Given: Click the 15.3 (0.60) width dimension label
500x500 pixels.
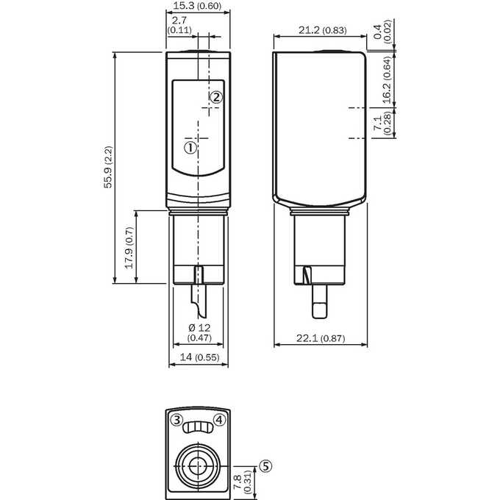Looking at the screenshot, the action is pyautogui.click(x=197, y=6).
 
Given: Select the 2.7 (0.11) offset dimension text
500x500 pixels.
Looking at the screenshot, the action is pyautogui.click(x=179, y=25).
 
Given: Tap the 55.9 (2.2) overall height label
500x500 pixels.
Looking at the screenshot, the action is pyautogui.click(x=108, y=167).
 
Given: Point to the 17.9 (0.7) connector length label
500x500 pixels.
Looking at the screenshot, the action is pyautogui.click(x=129, y=248).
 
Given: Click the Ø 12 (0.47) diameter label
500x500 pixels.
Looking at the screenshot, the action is pyautogui.click(x=199, y=332).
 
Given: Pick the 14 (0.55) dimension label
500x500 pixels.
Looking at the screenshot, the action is pyautogui.click(x=199, y=357).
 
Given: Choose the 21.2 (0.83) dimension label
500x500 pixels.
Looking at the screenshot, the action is pyautogui.click(x=322, y=30).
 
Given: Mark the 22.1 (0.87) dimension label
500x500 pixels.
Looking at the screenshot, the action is pyautogui.click(x=321, y=338).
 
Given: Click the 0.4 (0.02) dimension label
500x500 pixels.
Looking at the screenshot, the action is pyautogui.click(x=382, y=32).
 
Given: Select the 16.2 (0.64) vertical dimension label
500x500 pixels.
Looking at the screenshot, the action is pyautogui.click(x=387, y=79).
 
